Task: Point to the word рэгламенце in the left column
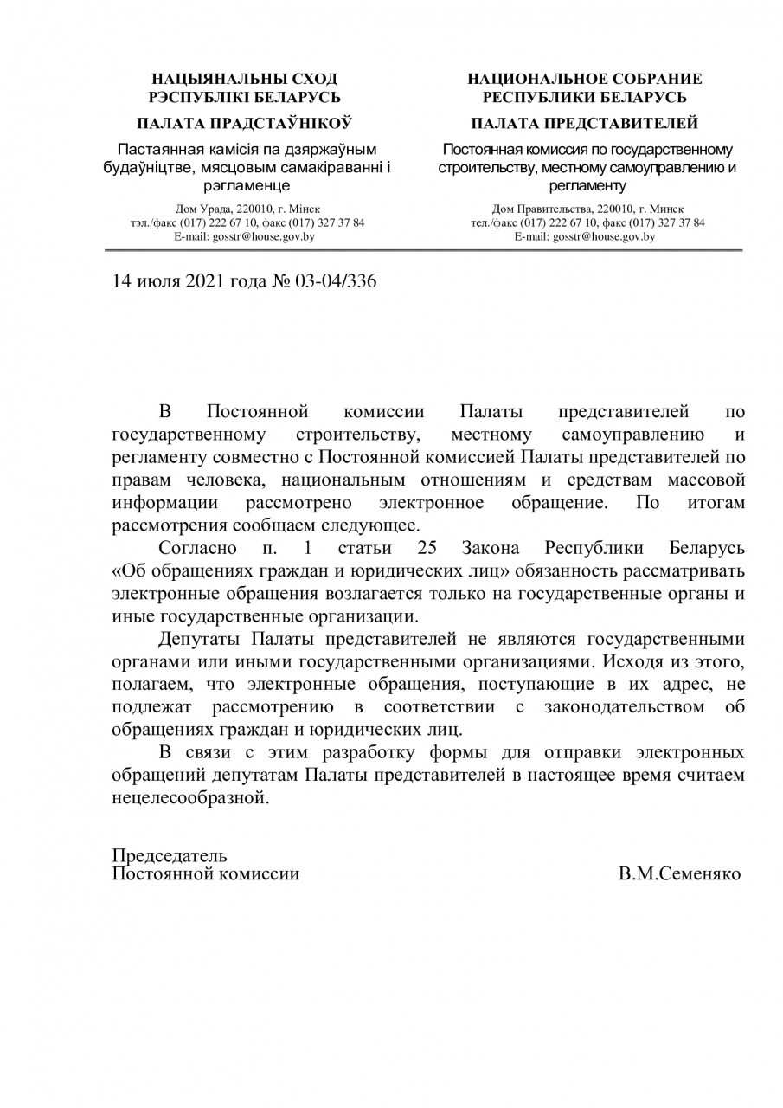[247, 184]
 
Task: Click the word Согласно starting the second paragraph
[193, 550]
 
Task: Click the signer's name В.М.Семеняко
[679, 873]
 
